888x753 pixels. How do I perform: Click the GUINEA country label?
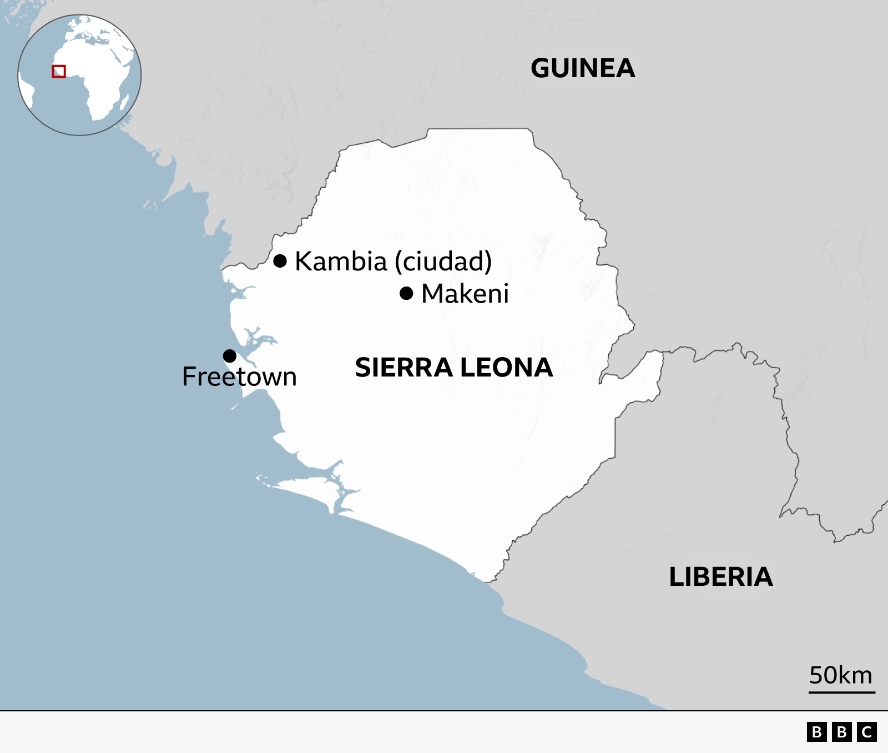[583, 69]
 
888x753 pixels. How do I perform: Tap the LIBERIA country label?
[720, 577]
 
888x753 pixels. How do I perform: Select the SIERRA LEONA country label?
[453, 368]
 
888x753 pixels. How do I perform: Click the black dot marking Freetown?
[230, 356]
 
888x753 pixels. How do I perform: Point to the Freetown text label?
[239, 377]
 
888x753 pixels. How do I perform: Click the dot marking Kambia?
[280, 260]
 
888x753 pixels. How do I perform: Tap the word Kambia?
[340, 261]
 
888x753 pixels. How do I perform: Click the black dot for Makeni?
[406, 293]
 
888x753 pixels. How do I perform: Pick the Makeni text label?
[465, 294]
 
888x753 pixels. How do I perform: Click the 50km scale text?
[840, 675]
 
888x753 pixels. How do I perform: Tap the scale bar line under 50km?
[841, 692]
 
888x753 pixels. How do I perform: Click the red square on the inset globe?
[59, 72]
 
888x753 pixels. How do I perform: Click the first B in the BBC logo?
[816, 732]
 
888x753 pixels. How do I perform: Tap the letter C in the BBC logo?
[866, 732]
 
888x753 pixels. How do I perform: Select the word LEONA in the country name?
[506, 368]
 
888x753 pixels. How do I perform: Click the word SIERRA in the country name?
[403, 368]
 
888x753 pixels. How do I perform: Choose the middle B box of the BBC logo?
[841, 732]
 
